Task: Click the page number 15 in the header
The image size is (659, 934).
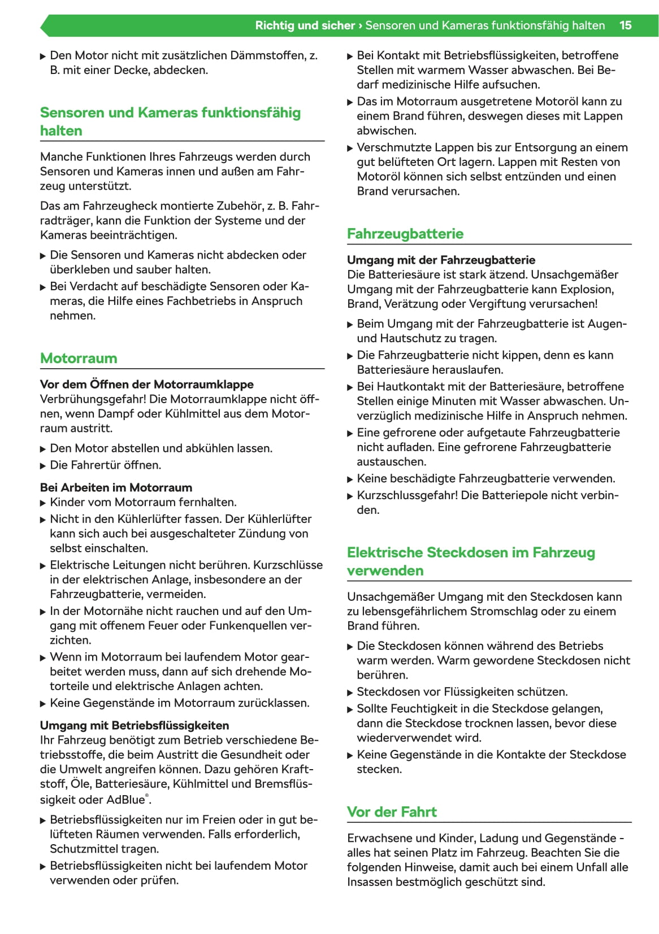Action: pyautogui.click(x=625, y=25)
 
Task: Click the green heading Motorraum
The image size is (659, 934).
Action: pyautogui.click(x=79, y=358)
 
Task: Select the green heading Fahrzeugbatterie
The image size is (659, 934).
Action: pyautogui.click(x=405, y=234)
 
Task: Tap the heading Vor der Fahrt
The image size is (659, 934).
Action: pyautogui.click(x=392, y=812)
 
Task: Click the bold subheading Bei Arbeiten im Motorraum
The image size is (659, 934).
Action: pyautogui.click(x=116, y=487)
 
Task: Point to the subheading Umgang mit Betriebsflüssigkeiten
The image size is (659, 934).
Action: pyautogui.click(x=135, y=725)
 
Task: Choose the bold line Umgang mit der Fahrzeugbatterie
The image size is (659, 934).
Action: pyautogui.click(x=441, y=260)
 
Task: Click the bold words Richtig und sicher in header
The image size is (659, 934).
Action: pyautogui.click(x=305, y=25)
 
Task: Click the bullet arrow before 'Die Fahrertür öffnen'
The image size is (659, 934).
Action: pyautogui.click(x=44, y=466)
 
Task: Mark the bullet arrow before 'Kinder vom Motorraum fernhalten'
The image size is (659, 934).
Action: pyautogui.click(x=44, y=503)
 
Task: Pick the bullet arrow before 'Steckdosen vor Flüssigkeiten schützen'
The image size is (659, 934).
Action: pyautogui.click(x=350, y=693)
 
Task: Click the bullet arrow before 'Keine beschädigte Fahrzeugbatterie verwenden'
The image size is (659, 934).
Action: pyautogui.click(x=350, y=479)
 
